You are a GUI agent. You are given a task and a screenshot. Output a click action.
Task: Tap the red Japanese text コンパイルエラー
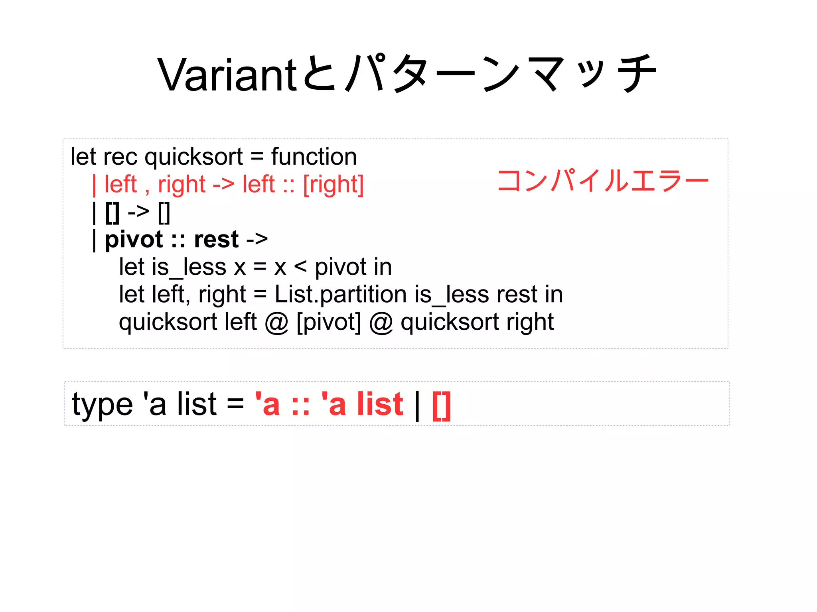[x=603, y=181]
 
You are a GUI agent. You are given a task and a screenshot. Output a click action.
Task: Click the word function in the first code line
[x=314, y=156]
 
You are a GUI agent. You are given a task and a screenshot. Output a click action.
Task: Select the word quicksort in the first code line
[x=193, y=157]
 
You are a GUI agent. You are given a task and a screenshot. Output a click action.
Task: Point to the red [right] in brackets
[x=334, y=185]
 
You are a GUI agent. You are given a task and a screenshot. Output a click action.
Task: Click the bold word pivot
[x=134, y=240]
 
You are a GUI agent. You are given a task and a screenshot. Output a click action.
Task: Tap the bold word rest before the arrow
[x=216, y=240]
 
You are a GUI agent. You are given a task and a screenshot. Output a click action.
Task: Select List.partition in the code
[x=340, y=295]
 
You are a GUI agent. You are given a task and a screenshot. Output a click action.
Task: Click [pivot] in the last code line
[x=329, y=322]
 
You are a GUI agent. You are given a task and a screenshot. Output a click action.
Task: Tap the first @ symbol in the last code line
[x=276, y=323]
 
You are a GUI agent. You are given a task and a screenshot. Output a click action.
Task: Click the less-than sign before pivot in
[x=300, y=267]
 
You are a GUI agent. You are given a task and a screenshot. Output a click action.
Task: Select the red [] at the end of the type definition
[x=441, y=405]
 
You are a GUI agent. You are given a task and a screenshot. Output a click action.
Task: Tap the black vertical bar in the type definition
[x=417, y=405]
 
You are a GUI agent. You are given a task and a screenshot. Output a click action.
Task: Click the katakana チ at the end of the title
[x=636, y=74]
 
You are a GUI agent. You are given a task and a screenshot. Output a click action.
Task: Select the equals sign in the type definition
[x=235, y=404]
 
